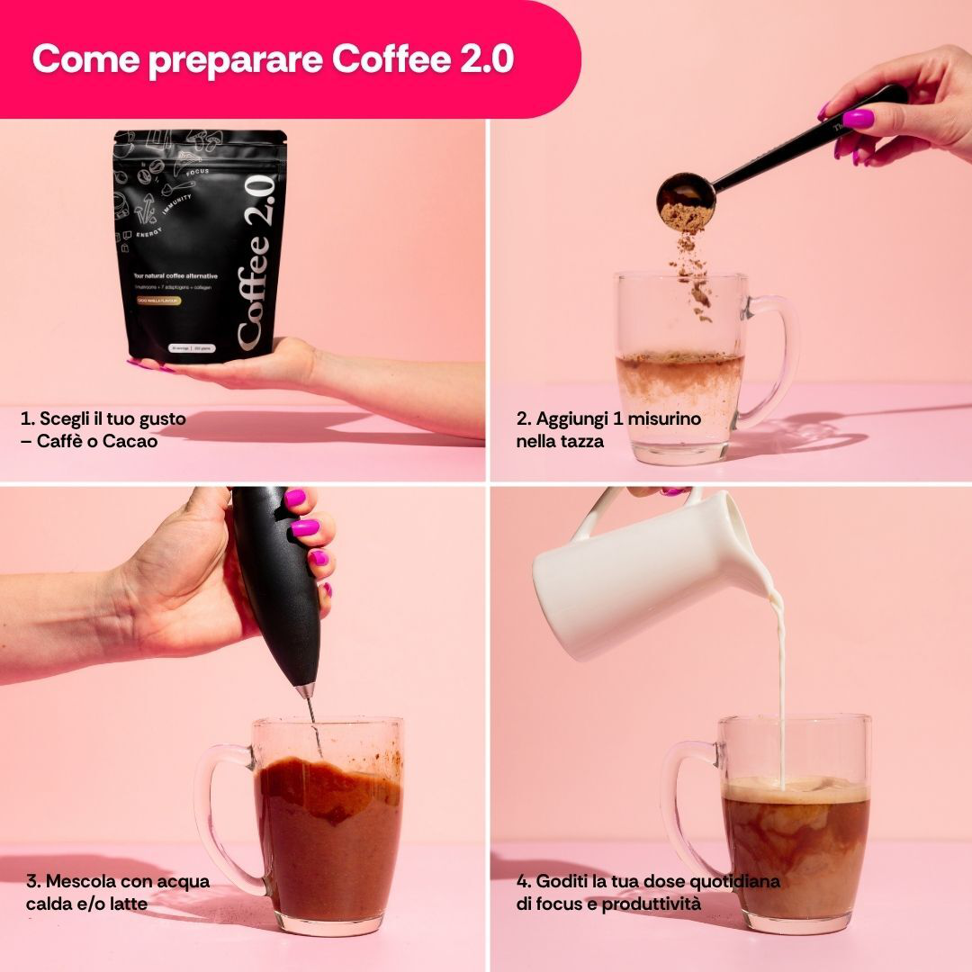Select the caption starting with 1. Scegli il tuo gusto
pos(103,429)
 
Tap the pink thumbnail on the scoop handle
pos(857,118)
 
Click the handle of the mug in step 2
pos(777,360)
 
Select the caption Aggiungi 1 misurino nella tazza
pos(608,429)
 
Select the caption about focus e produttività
pos(648,891)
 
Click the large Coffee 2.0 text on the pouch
pos(255,261)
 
